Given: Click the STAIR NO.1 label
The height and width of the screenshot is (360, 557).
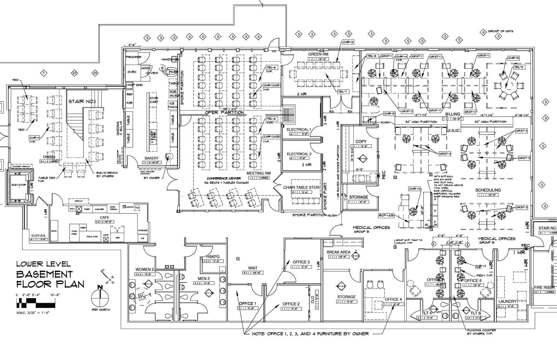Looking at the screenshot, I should pyautogui.click(x=82, y=102).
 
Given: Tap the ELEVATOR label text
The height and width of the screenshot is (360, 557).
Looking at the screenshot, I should pyautogui.click(x=19, y=185).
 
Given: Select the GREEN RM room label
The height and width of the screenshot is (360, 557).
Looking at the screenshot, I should pyautogui.click(x=318, y=54).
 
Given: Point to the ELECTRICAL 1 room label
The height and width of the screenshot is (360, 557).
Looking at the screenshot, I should pyautogui.click(x=299, y=129).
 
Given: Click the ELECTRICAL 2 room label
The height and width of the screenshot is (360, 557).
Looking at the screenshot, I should pyautogui.click(x=299, y=154).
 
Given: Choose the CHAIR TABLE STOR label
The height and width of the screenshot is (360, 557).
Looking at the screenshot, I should pyautogui.click(x=301, y=187).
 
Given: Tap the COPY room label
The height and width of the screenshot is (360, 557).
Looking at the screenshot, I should pyautogui.click(x=361, y=142).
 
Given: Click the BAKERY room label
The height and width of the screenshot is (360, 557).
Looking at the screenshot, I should pyautogui.click(x=152, y=158).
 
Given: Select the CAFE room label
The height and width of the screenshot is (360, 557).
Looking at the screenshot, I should pyautogui.click(x=104, y=218).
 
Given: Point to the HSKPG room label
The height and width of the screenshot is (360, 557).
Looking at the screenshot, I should pyautogui.click(x=213, y=257).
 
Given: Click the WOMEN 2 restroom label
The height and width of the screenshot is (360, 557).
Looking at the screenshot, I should pyautogui.click(x=145, y=269).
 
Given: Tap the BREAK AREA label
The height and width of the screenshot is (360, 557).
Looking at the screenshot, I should pyautogui.click(x=338, y=252).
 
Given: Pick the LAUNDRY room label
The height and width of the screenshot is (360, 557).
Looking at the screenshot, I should pyautogui.click(x=507, y=301).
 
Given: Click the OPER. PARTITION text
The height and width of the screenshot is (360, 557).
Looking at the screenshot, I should pyautogui.click(x=224, y=113).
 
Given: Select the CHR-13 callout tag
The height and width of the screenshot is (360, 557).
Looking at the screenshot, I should pyautogui.click(x=348, y=42).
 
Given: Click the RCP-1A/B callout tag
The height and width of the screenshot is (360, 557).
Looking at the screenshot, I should pyautogui.click(x=386, y=216).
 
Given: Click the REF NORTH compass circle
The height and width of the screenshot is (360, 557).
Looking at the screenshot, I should pyautogui.click(x=100, y=298).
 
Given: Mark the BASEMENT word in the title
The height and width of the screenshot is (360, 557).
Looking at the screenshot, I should pyautogui.click(x=44, y=274).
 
